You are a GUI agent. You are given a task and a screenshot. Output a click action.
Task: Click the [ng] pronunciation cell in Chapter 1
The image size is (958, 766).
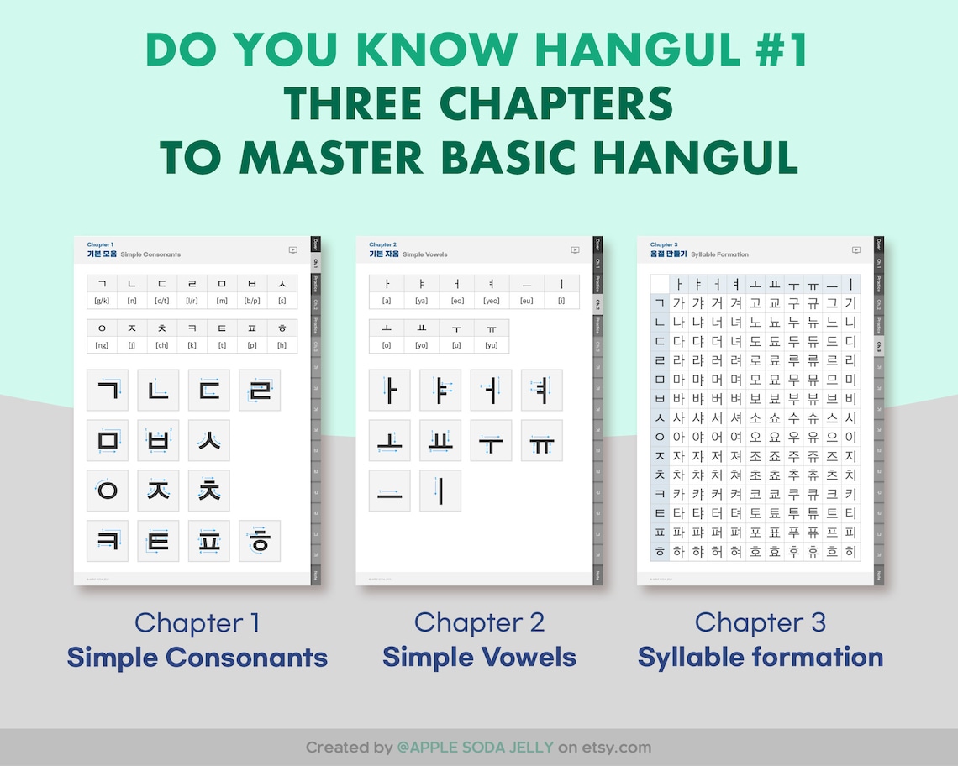(x=102, y=345)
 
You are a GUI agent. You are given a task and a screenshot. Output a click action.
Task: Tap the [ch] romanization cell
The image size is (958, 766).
(x=161, y=345)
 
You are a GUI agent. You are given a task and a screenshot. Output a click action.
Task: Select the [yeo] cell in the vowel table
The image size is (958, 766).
(x=491, y=301)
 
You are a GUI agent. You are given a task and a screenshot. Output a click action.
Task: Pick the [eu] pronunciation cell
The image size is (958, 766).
(x=526, y=301)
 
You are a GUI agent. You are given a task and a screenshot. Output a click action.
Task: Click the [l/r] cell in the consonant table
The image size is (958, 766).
(x=192, y=301)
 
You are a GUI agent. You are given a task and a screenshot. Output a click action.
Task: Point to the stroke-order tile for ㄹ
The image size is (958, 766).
(x=260, y=391)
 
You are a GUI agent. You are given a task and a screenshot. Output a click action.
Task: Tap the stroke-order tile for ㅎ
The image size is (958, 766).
(x=260, y=541)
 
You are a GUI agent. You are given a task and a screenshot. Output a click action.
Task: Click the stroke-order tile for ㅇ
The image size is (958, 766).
(x=108, y=491)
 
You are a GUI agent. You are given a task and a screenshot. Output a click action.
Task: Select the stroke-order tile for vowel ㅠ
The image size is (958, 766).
(x=541, y=441)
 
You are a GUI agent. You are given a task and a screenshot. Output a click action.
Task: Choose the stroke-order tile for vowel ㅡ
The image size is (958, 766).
(x=390, y=491)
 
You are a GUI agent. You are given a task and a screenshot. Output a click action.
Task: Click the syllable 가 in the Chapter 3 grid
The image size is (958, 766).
(x=679, y=303)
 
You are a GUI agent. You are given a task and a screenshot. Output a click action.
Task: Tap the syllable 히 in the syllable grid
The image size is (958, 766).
(x=850, y=552)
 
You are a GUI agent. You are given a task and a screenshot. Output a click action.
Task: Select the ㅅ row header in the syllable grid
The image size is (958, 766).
(x=659, y=417)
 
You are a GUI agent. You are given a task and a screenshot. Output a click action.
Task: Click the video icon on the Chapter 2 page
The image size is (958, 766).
(x=575, y=249)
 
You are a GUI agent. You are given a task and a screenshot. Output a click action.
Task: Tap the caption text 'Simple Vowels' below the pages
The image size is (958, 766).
(x=479, y=657)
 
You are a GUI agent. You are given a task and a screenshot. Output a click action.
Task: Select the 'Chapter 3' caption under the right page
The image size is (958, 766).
(x=760, y=622)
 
